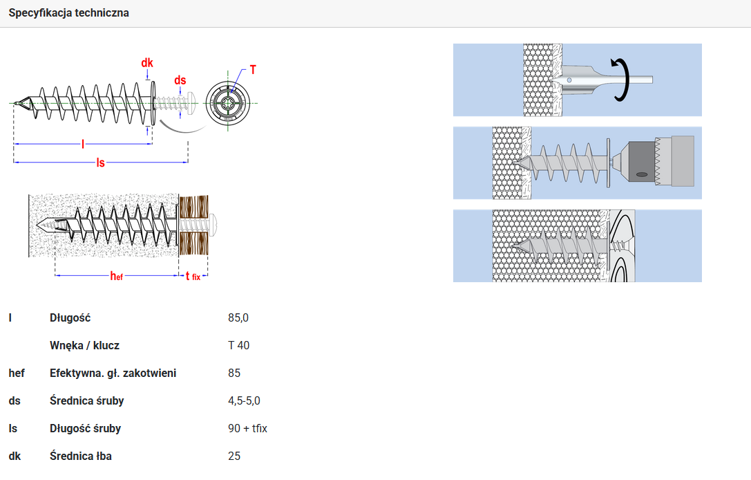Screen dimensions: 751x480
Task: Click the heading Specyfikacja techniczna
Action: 68,13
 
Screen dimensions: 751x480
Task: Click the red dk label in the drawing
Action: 147,63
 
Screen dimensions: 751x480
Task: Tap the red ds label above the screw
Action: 180,80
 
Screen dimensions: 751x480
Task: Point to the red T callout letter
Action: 253,70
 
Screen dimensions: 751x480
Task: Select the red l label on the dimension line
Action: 83,144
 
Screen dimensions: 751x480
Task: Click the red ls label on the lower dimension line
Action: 100,163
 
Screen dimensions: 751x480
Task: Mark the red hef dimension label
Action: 116,276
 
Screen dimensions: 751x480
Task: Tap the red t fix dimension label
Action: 193,276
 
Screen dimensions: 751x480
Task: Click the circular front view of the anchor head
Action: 228,103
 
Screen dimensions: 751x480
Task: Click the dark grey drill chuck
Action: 642,163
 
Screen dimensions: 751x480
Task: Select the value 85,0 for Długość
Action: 238,318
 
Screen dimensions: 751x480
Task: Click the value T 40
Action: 238,345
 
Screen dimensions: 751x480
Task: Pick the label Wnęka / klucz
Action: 84,345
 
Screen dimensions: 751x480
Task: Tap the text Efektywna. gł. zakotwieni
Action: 113,373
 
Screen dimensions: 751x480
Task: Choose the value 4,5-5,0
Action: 244,401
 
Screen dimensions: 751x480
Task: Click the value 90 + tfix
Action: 247,428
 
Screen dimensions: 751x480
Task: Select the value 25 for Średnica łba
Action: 234,456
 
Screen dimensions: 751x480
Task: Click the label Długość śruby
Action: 85,428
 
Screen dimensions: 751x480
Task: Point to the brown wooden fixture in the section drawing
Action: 193,225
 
